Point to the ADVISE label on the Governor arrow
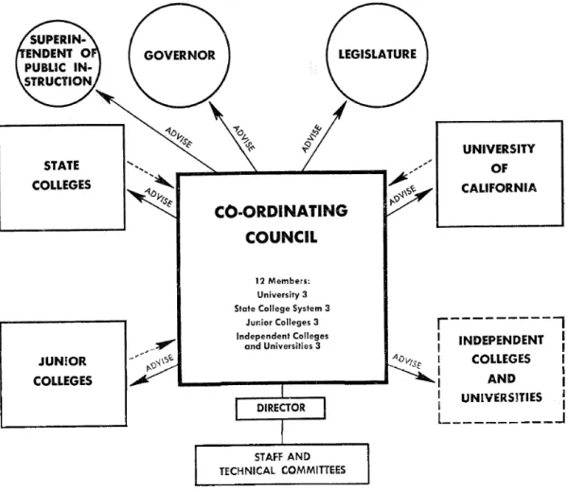[x=244, y=138]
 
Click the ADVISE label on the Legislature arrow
[x=311, y=138]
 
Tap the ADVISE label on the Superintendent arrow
[x=179, y=137]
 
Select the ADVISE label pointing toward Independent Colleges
[x=407, y=361]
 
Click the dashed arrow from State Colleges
[x=151, y=174]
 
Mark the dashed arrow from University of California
[x=410, y=172]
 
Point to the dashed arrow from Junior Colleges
[x=152, y=349]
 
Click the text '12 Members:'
[x=282, y=281]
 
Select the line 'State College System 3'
[x=282, y=308]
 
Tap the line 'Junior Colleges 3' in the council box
[x=282, y=323]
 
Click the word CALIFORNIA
[x=499, y=188]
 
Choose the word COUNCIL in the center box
[x=281, y=237]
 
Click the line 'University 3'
[x=282, y=294]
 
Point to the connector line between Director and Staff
[x=282, y=432]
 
